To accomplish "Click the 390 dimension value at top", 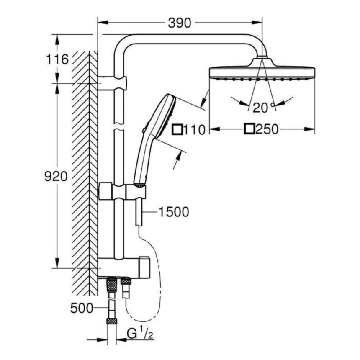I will pos(180,22).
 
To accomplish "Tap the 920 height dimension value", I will pos(56,177).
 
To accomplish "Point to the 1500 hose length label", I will pos(174,212).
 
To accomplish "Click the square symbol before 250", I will pos(250,129).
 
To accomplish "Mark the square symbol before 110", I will pos(178,129).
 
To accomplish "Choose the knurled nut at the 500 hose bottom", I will pos(111,321).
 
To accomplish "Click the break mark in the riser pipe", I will pos(119,125).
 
